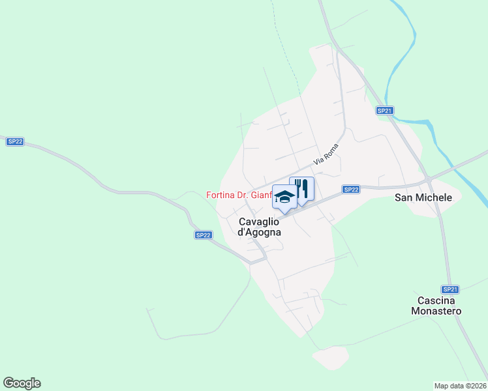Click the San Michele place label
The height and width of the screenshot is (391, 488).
423,197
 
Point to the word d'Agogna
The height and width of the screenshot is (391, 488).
260,232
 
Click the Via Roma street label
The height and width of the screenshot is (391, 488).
328,153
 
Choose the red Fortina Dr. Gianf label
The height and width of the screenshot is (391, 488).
239,195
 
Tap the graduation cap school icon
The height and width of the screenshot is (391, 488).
284,197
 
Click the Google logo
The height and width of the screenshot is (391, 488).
22,383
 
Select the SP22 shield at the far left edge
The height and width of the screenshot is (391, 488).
15,141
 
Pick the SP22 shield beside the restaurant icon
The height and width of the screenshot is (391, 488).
351,189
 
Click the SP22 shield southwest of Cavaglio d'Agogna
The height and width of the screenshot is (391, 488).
204,235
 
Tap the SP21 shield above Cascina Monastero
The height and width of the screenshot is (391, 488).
450,289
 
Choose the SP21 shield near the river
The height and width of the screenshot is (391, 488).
385,111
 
